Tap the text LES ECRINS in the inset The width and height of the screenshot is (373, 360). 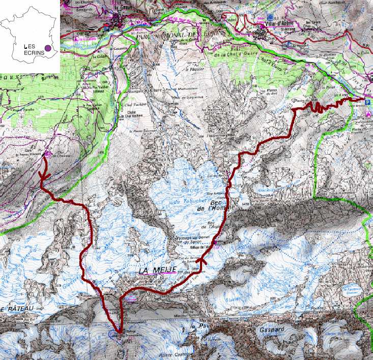pyautogui.click(x=34, y=48)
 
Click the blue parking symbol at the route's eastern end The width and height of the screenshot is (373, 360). pyautogui.click(x=368, y=102)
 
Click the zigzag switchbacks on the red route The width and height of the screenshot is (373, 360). pyautogui.click(x=318, y=107)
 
